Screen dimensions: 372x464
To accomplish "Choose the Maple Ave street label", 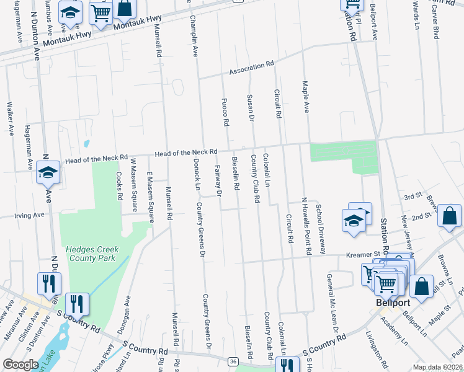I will point(305,96).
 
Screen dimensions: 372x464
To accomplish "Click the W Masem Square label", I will point(133,185).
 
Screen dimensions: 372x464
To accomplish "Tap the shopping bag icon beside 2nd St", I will point(449,216).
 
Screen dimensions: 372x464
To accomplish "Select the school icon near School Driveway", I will point(354,222).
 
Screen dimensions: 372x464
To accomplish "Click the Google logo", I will point(20,365).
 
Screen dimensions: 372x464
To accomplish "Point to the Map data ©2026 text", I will point(437,367).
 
